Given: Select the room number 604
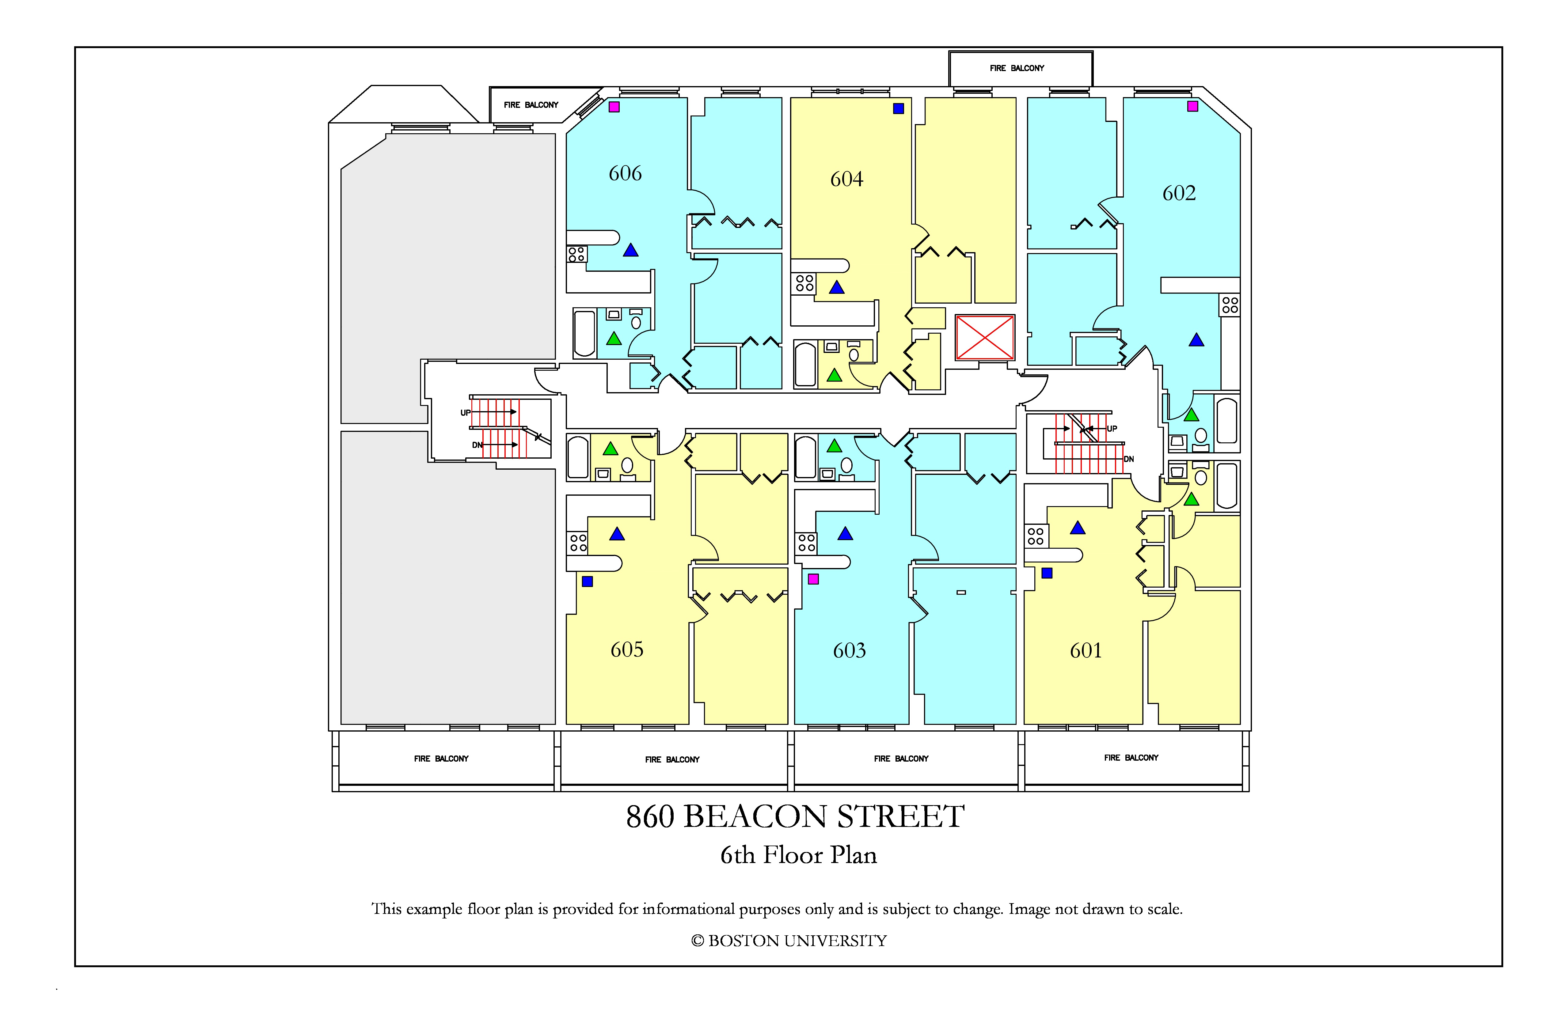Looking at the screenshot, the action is [x=846, y=179].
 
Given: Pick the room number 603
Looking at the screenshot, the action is [x=849, y=651].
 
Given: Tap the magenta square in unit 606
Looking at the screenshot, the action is [x=614, y=106].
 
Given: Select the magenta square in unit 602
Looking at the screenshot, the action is [x=1192, y=106].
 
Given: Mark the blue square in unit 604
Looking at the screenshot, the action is [x=898, y=108].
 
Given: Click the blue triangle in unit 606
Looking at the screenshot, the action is [x=630, y=250].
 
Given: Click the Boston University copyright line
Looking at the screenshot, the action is [x=789, y=941].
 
